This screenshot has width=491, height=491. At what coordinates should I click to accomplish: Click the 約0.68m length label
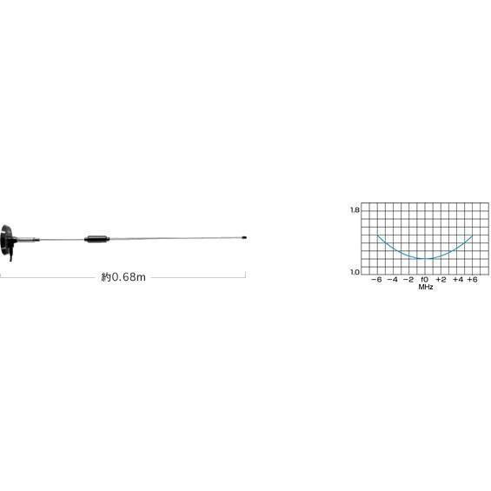click(x=123, y=277)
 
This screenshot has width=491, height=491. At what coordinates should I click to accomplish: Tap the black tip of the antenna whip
click(x=244, y=237)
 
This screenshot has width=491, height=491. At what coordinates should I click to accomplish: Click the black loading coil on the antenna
click(x=97, y=239)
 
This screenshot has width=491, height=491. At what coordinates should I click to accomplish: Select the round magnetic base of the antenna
click(x=5, y=240)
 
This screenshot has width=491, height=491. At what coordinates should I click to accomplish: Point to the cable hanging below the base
click(x=11, y=255)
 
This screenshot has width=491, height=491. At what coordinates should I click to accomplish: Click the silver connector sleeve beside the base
click(x=28, y=240)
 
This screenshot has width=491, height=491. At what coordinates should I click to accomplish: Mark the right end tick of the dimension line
click(x=245, y=275)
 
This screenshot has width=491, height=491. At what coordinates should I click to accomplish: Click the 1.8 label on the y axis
click(x=355, y=210)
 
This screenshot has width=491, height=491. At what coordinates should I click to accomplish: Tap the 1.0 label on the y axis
click(x=355, y=272)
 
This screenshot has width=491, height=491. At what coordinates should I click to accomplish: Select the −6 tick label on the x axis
click(x=376, y=280)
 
